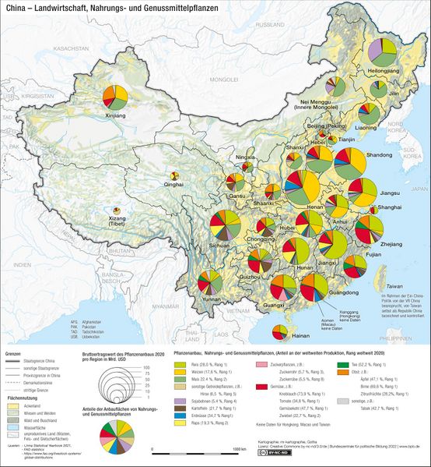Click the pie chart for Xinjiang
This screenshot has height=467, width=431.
[116, 97]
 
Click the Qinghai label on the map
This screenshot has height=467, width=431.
[174, 185]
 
